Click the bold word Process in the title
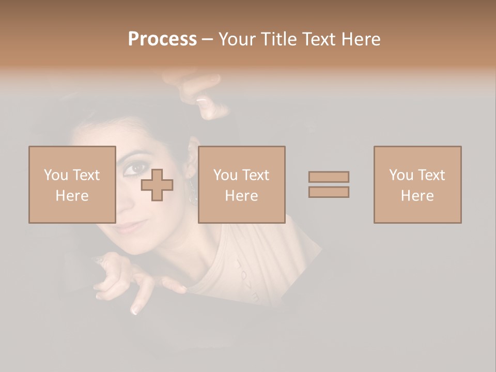click(162, 39)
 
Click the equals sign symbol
click(329, 184)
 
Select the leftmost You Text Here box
click(72, 184)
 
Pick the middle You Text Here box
click(241, 184)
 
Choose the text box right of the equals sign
click(417, 184)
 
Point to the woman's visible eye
click(135, 167)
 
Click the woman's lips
click(129, 228)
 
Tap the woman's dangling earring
click(192, 192)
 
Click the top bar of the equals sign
click(329, 177)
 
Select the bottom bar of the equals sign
click(329, 192)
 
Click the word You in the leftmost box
click(56, 175)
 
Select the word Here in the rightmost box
click(417, 195)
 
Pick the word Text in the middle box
click(256, 175)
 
